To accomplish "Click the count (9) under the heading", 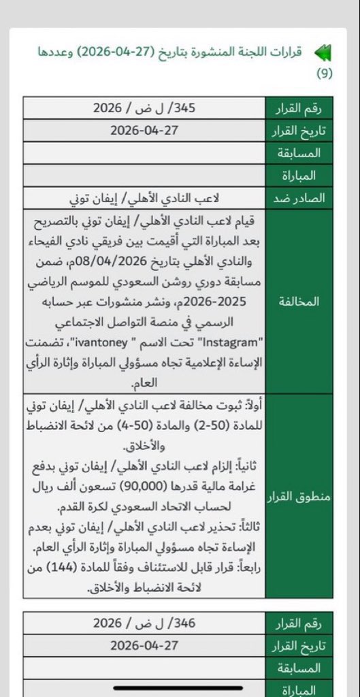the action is pyautogui.click(x=325, y=74).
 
